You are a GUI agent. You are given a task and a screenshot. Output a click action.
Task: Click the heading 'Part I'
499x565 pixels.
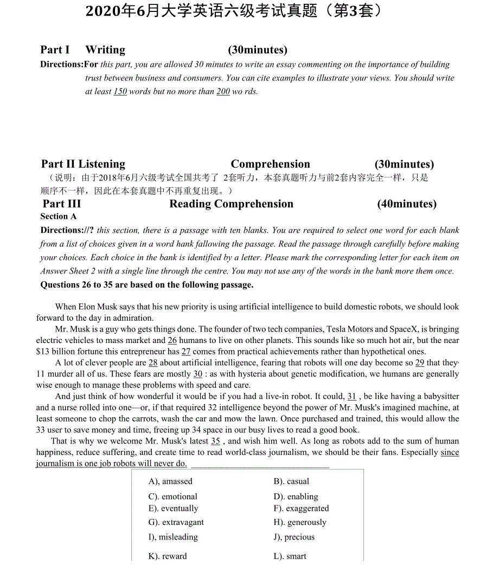tap(55, 50)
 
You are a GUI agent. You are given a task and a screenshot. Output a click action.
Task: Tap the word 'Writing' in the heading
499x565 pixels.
tap(105, 50)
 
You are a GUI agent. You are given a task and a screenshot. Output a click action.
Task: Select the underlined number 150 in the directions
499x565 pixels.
tap(120, 92)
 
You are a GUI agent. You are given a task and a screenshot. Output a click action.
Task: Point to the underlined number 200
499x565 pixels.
tap(223, 92)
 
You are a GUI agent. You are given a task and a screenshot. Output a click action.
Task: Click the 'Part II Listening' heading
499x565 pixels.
tap(83, 164)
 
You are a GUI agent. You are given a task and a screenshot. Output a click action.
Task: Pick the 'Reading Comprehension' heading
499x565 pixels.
tap(231, 204)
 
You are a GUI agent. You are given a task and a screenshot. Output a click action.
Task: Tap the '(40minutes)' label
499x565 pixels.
tap(406, 204)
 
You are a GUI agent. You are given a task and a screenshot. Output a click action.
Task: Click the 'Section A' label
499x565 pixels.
tap(58, 216)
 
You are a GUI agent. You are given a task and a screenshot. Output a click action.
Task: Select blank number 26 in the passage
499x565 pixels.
tap(172, 340)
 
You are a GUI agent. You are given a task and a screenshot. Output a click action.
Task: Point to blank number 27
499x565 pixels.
tap(185, 352)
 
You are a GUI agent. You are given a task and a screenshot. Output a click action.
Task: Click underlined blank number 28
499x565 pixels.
tap(153, 363)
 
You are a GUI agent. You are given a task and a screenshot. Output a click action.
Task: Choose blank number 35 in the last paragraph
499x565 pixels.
tap(215, 441)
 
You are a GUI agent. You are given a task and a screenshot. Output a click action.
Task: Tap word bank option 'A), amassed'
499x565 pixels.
tap(170, 481)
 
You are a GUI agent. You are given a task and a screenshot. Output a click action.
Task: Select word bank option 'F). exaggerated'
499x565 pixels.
tap(301, 509)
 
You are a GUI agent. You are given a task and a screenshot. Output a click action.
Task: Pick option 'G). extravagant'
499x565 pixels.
tap(176, 522)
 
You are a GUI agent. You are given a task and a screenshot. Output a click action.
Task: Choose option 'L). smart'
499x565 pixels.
tap(290, 556)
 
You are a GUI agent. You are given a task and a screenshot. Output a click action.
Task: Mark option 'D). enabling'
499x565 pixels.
tap(296, 497)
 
